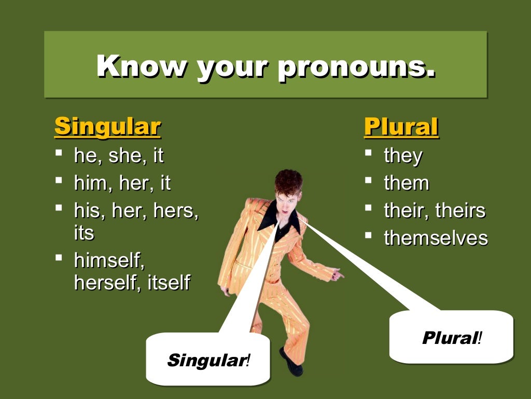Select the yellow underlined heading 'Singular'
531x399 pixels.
[x=107, y=126]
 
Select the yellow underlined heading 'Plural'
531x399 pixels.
[x=401, y=126]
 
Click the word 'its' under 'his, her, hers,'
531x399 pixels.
[x=84, y=232]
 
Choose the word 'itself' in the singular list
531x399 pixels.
[x=169, y=283]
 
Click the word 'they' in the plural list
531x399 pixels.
[x=403, y=155]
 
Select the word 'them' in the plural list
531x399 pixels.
[x=407, y=183]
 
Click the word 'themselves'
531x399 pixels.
[x=436, y=238]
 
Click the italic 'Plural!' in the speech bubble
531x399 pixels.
[x=452, y=338]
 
